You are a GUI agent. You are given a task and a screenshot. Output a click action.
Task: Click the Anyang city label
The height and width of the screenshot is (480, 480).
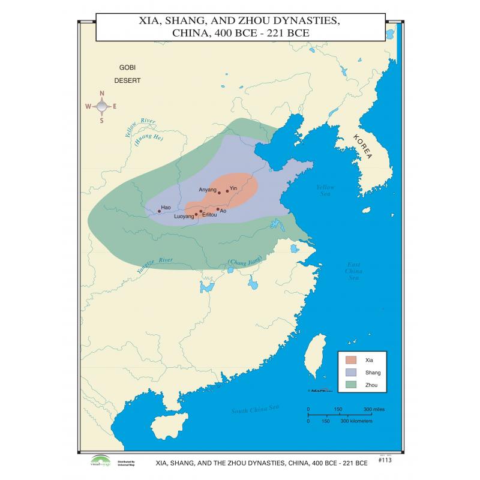tap(207, 190)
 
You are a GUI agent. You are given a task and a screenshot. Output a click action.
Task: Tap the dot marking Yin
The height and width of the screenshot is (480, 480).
tap(227, 191)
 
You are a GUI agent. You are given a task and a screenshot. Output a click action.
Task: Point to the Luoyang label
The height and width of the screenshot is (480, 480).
tap(184, 216)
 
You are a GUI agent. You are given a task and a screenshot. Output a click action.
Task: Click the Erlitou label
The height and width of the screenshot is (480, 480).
tap(209, 214)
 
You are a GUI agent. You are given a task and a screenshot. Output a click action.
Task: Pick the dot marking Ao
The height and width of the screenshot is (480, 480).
tap(218, 209)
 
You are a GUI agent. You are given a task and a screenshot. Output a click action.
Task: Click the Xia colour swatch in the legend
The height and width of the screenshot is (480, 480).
tap(351, 361)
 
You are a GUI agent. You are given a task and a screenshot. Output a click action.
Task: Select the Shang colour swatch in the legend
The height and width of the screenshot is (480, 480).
tap(351, 373)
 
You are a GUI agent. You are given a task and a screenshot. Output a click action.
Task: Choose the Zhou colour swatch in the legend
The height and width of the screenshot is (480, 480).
tap(351, 385)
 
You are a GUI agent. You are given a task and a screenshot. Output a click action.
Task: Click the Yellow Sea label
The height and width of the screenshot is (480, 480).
tap(326, 191)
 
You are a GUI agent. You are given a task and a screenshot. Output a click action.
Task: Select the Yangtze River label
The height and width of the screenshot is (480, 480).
tap(154, 265)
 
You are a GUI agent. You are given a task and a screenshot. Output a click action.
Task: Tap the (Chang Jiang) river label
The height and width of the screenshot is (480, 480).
tap(246, 262)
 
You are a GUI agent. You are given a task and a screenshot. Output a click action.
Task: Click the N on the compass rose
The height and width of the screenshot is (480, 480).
tap(101, 94)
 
